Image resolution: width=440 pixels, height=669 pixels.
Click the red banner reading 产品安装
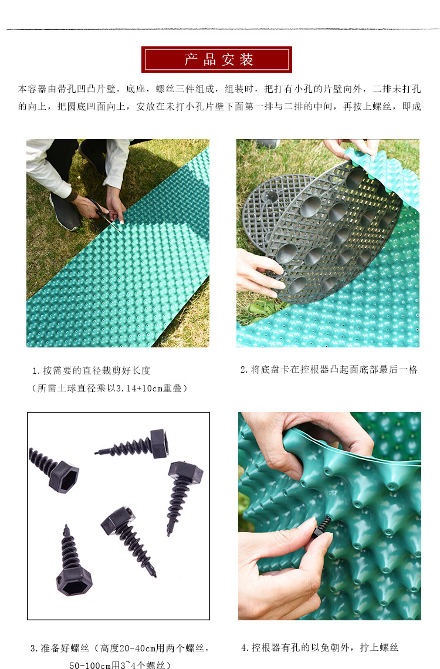click(216, 59)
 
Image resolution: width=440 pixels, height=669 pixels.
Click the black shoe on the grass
click(66, 211)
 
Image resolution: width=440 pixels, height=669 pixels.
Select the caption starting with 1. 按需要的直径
click(92, 370)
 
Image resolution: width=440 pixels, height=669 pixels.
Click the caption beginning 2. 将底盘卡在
click(329, 370)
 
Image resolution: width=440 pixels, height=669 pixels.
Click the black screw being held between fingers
click(322, 526)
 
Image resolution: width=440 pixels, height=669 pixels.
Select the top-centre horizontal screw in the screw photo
click(132, 445)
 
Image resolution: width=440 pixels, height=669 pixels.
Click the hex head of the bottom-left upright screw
click(74, 581)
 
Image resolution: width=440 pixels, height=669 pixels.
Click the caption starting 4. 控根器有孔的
click(320, 648)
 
